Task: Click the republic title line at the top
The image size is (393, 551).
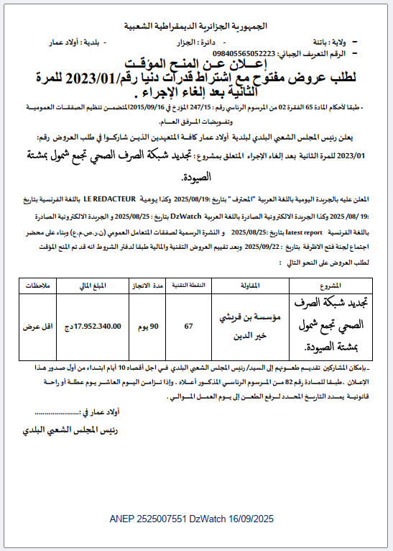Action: (x=196, y=25)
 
